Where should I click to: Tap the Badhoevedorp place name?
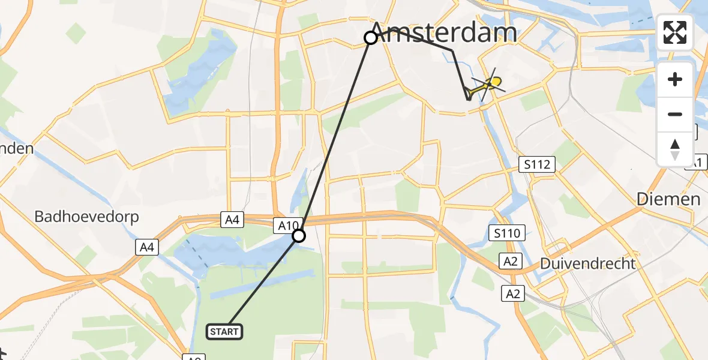(87, 217)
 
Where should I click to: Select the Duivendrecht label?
(588, 263)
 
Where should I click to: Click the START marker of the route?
(224, 331)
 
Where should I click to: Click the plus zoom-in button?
(675, 79)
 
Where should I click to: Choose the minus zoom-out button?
(675, 114)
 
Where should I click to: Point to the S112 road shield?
(537, 164)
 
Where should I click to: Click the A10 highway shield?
(286, 226)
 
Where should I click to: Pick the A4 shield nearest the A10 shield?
(233, 220)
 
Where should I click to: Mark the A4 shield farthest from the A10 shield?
(147, 247)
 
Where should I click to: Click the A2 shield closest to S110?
(511, 261)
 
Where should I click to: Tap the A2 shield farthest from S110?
(514, 293)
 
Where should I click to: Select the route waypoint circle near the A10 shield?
(299, 236)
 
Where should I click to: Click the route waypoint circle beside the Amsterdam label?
(371, 38)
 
